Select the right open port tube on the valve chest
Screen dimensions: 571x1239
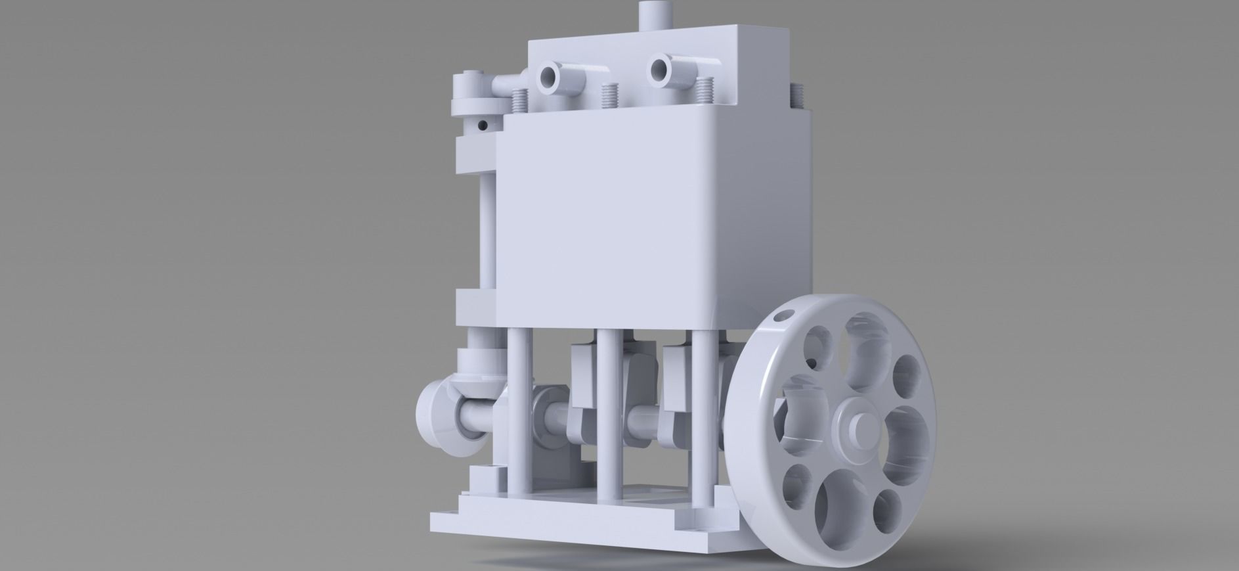(x=659, y=70)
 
